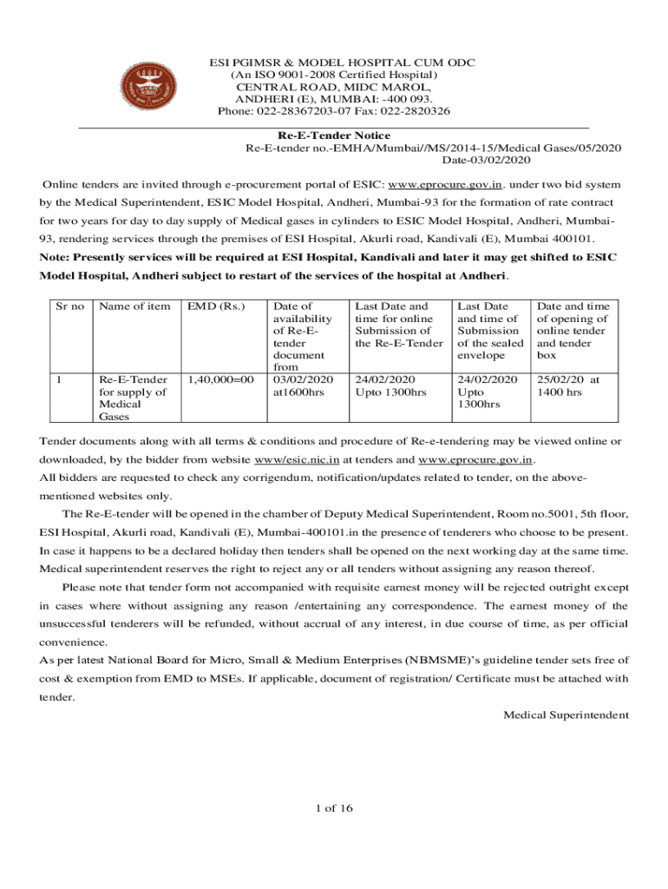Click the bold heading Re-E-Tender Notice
(334, 135)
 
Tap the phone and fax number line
(334, 111)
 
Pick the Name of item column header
(134, 306)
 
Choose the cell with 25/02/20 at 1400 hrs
(568, 386)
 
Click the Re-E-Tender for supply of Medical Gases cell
(134, 398)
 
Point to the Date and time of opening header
(573, 325)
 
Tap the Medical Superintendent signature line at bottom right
(566, 714)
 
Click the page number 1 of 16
(335, 808)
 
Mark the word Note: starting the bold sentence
(55, 257)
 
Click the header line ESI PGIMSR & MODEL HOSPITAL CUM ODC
(334, 63)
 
